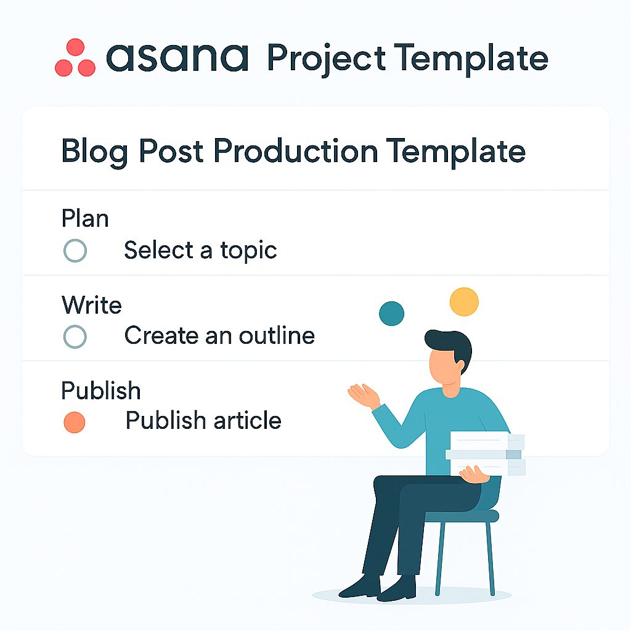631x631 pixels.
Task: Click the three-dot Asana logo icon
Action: (75, 57)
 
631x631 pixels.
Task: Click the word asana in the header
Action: (177, 58)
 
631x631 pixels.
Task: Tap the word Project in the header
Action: (327, 59)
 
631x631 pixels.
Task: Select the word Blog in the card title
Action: (94, 152)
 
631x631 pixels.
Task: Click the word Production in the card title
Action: (296, 151)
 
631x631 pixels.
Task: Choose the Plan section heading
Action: (85, 219)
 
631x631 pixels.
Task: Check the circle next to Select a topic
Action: (75, 251)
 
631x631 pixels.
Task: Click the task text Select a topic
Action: (200, 250)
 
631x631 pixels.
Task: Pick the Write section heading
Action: (92, 304)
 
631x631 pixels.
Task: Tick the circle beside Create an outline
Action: (75, 336)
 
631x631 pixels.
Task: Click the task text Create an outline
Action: (219, 336)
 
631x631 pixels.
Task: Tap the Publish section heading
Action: (101, 390)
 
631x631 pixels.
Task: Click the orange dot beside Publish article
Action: (75, 423)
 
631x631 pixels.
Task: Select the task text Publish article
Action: (203, 420)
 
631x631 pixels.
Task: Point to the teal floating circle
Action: (391, 314)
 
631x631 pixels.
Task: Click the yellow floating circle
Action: (464, 301)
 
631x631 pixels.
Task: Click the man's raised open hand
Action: (364, 396)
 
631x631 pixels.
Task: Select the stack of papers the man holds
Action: (486, 453)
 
